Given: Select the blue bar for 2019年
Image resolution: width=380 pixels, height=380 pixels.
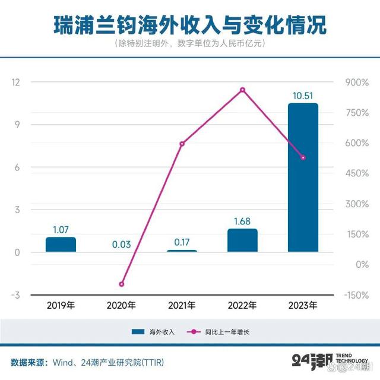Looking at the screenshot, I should click(61, 245).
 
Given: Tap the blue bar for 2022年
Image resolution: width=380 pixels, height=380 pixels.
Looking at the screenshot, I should click(242, 240).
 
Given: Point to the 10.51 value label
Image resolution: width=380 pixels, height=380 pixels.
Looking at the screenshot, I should click(303, 95).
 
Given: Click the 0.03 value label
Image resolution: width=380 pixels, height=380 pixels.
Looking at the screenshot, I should click(121, 244).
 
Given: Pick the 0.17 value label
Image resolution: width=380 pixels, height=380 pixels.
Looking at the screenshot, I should click(182, 242).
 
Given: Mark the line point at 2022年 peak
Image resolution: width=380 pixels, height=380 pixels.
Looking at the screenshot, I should click(242, 90).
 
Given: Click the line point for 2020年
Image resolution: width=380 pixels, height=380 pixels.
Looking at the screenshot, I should click(121, 284).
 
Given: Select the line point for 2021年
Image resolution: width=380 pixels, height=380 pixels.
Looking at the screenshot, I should click(182, 144).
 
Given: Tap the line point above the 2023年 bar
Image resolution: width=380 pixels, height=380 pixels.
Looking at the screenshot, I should click(303, 158).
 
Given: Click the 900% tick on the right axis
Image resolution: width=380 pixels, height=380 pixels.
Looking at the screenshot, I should click(356, 82).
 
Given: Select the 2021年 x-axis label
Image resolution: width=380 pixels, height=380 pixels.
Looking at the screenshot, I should click(182, 306).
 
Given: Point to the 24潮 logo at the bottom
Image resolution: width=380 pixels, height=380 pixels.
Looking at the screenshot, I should click(311, 360).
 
